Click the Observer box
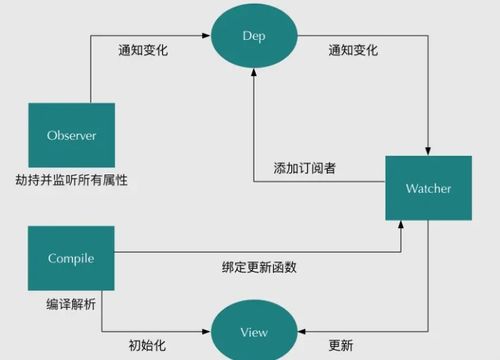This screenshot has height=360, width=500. click(70, 135)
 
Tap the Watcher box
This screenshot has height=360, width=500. click(428, 188)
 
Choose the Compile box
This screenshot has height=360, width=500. click(70, 258)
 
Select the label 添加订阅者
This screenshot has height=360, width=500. click(305, 167)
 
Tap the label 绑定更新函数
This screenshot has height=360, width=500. click(259, 268)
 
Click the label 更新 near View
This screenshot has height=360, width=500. click(340, 345)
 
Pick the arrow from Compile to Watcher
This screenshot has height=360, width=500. click(250, 253)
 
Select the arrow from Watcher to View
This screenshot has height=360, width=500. click(428, 290)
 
